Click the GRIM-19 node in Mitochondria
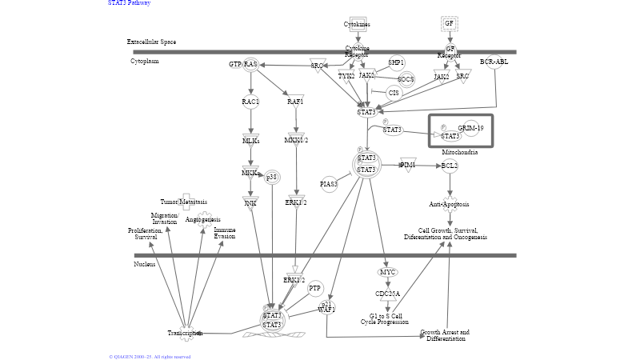point(470,128)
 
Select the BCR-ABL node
point(494,62)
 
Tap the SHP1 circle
point(396,62)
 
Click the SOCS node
point(406,79)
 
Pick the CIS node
point(394,93)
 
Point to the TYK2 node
point(346,76)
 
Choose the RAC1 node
point(250,102)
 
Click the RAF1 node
point(296,102)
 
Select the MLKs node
point(250,140)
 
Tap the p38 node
point(272,177)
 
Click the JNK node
point(250,202)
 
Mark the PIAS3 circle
point(329,185)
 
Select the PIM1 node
point(408,164)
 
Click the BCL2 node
point(450,166)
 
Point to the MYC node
point(388,272)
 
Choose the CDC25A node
point(388,294)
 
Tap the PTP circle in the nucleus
point(315,288)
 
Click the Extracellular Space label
point(151,42)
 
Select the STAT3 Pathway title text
point(129,3)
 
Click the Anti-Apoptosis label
point(449,204)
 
